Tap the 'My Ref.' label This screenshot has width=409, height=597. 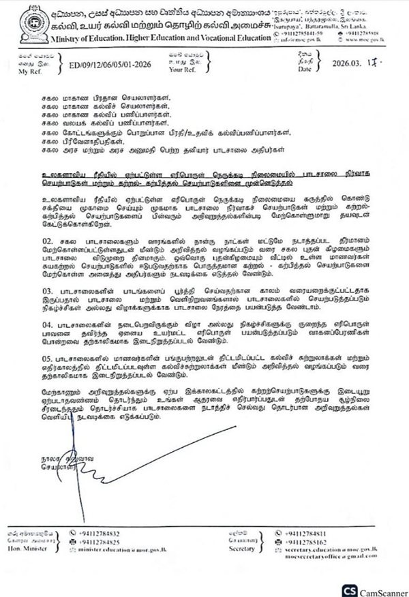pyautogui.click(x=30, y=71)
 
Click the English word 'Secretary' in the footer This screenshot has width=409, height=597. pyautogui.click(x=242, y=547)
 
